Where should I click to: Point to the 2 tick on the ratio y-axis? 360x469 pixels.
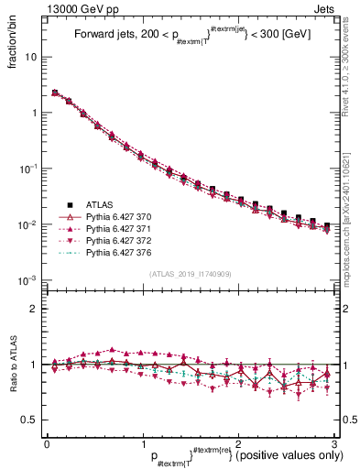pyautogui.click(x=36, y=309)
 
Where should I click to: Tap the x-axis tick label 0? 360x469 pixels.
pyautogui.click(x=47, y=443)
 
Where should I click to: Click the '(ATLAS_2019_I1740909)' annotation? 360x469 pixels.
pyautogui.click(x=190, y=273)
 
